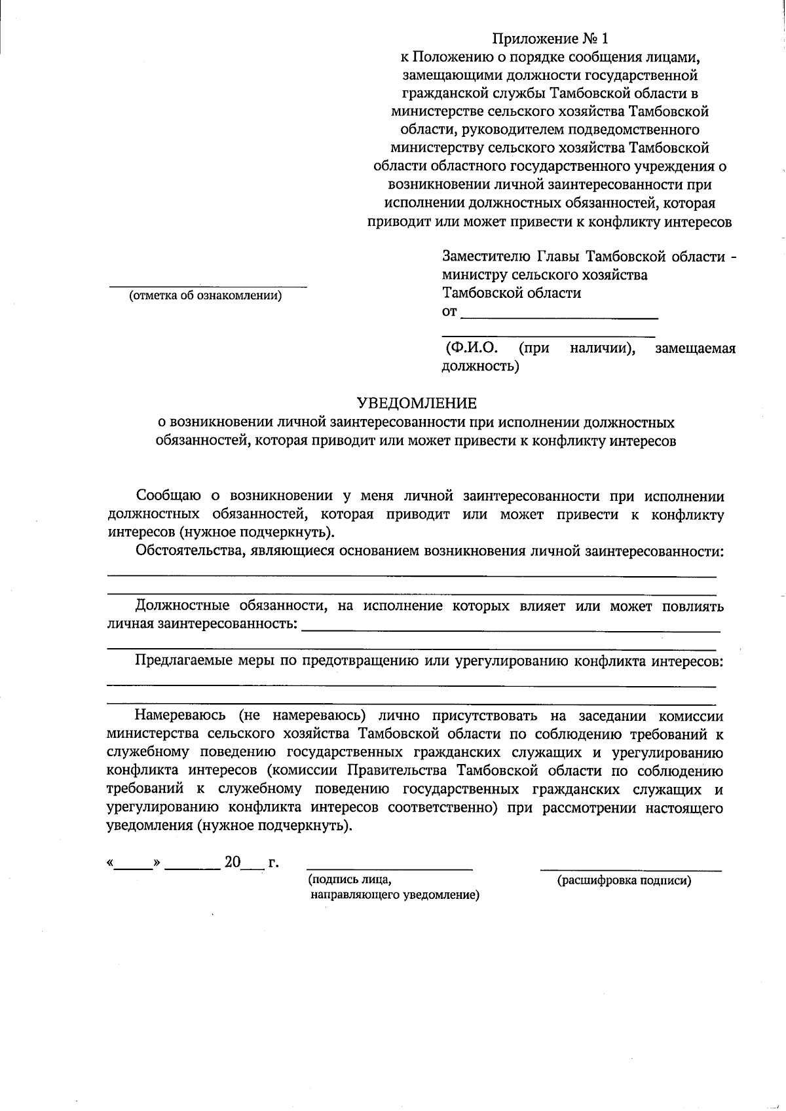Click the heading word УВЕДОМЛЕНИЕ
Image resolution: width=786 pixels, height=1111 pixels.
point(417,403)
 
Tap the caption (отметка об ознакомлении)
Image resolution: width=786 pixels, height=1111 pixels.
point(205,295)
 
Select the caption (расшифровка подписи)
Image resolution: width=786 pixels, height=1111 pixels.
point(624,881)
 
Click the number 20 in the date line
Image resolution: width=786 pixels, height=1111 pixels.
point(233,862)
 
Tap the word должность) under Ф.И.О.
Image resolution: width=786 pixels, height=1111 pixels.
point(481,366)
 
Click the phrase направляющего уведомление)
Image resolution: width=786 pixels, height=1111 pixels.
point(395,895)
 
